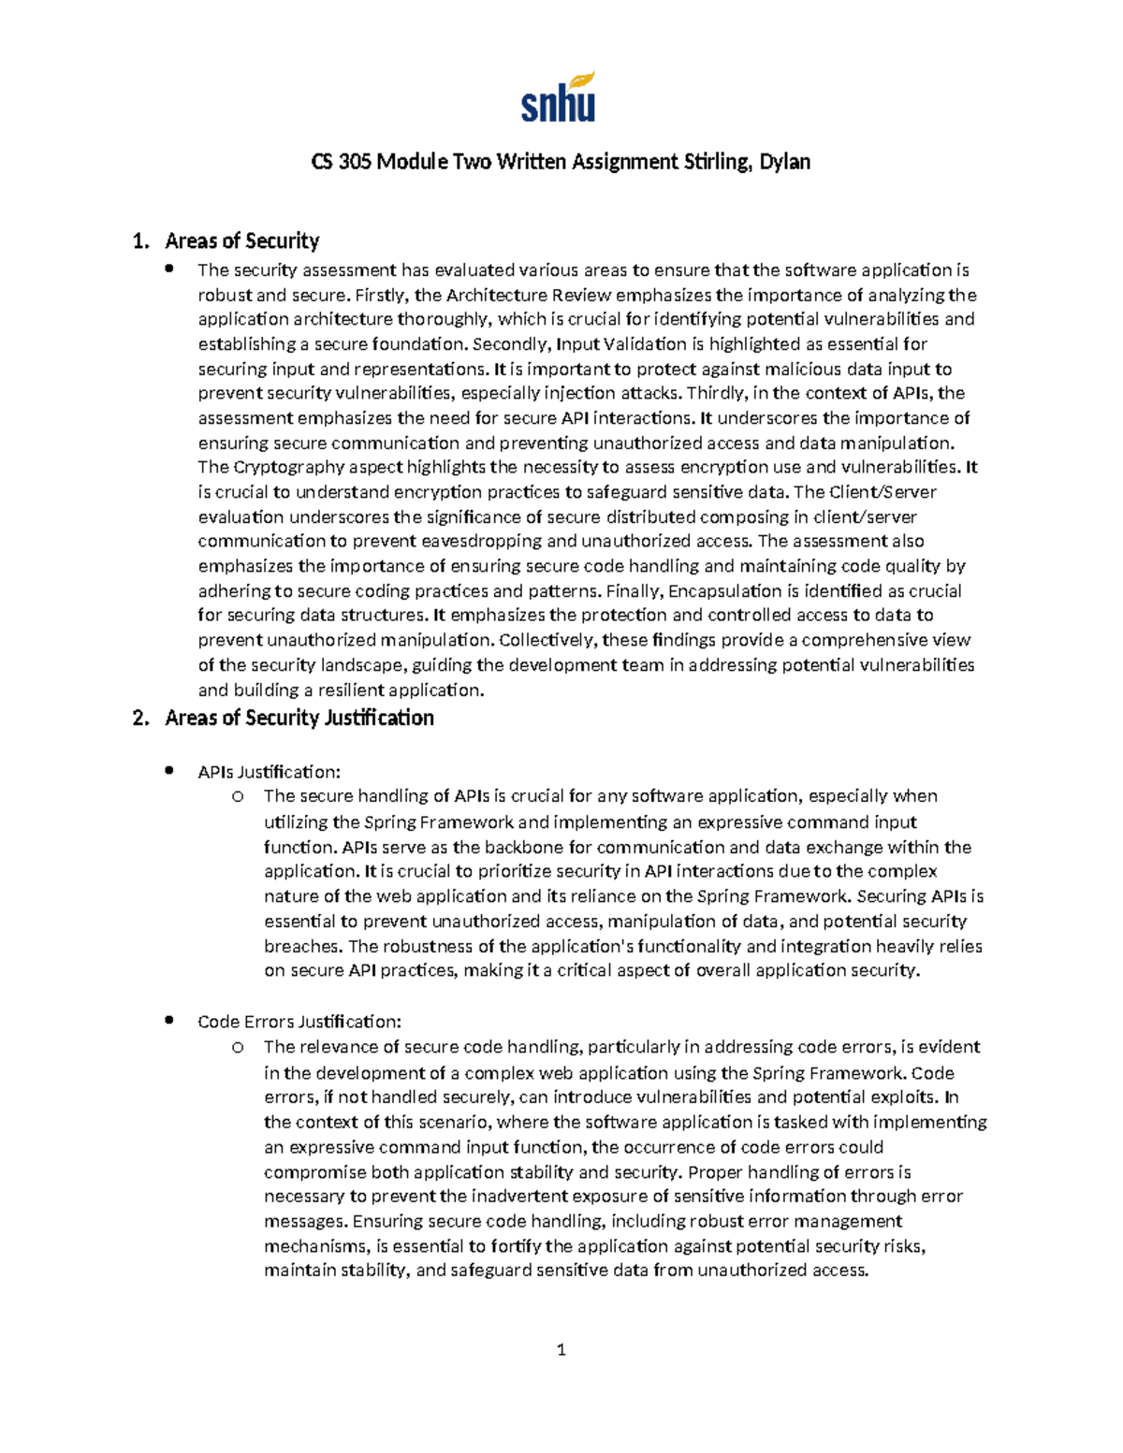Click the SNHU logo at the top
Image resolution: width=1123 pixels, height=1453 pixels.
558,97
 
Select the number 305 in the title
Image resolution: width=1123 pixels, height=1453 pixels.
354,162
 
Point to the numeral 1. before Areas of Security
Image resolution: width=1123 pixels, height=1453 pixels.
140,241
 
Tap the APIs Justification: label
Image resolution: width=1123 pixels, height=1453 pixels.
270,772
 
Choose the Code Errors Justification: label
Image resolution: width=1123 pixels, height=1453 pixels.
299,1022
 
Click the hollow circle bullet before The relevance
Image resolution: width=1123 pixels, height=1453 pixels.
238,1047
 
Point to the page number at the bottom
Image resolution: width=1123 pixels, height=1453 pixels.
561,1350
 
